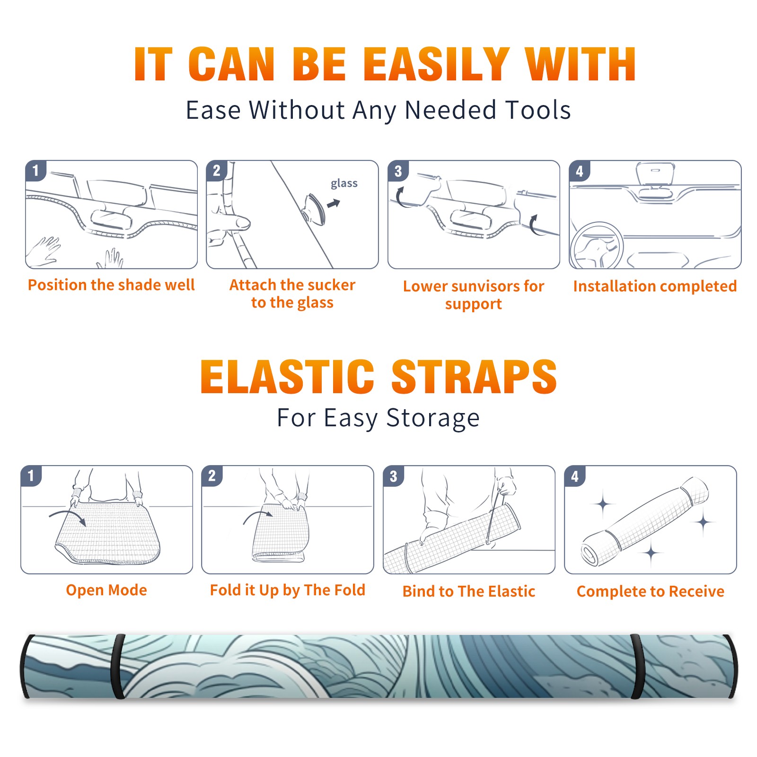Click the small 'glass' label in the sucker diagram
pyautogui.click(x=344, y=184)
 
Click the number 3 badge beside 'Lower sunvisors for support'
pyautogui.click(x=398, y=171)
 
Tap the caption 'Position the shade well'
pyautogui.click(x=111, y=285)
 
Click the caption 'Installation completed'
pyautogui.click(x=655, y=286)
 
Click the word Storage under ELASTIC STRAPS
pyautogui.click(x=433, y=418)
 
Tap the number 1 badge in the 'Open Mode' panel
pyautogui.click(x=31, y=475)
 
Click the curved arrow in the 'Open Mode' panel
pyautogui.click(x=68, y=516)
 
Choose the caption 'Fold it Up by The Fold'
pyautogui.click(x=288, y=590)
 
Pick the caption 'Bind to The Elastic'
pyautogui.click(x=469, y=591)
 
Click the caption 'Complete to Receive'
pyautogui.click(x=651, y=591)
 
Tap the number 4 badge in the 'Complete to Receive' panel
pyautogui.click(x=575, y=476)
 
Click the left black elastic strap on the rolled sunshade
pyautogui.click(x=118, y=666)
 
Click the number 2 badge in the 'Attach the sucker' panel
pyautogui.click(x=217, y=170)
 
